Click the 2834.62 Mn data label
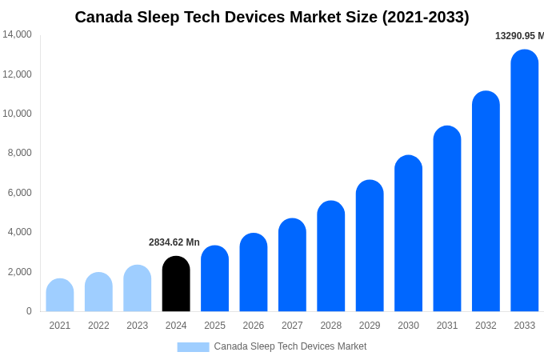(174, 242)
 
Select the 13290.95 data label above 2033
(519, 36)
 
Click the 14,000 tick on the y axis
(17, 34)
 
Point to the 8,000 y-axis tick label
(19, 153)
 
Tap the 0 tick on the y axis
(29, 311)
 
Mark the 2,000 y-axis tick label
(19, 272)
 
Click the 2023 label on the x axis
(138, 326)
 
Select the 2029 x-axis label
(370, 326)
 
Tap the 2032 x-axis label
(486, 326)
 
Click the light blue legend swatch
(193, 347)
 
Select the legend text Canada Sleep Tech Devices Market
(290, 346)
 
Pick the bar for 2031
(447, 219)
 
